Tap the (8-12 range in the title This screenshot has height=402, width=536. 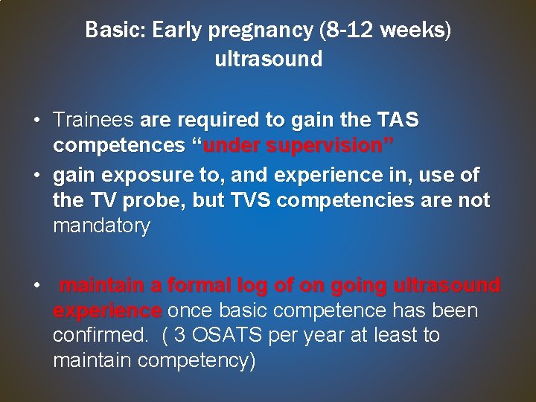(x=339, y=31)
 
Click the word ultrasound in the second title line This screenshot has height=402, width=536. (x=268, y=60)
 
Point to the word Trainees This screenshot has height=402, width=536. (x=93, y=119)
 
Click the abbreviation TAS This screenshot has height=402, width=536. (x=398, y=119)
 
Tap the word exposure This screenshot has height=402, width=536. (x=130, y=176)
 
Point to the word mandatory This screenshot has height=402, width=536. (x=101, y=226)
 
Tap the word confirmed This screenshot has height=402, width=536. (x=99, y=336)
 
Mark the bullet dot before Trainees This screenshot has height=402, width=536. (x=36, y=120)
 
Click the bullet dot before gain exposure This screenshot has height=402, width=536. (x=36, y=176)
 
